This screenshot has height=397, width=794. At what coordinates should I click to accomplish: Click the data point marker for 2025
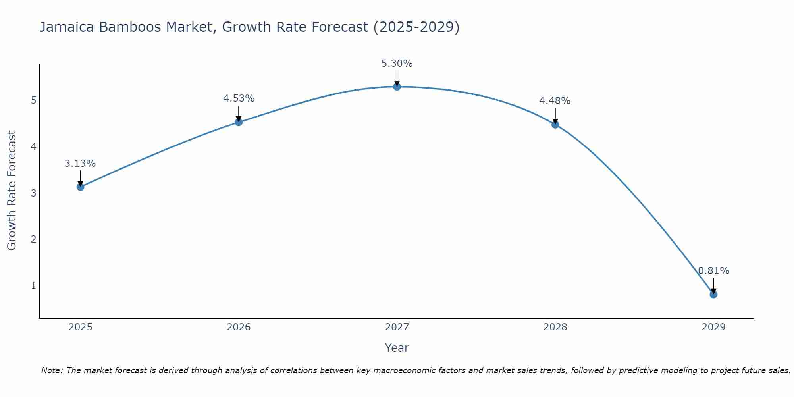click(80, 187)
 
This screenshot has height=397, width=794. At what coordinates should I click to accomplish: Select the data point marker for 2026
click(239, 122)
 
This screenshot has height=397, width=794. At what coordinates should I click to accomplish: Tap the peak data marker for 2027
click(397, 87)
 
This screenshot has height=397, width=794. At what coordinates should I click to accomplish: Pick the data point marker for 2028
click(555, 124)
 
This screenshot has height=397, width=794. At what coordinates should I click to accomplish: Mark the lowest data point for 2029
click(713, 294)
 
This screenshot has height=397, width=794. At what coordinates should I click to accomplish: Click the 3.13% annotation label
click(80, 164)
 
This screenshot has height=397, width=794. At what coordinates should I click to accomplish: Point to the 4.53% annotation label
click(239, 98)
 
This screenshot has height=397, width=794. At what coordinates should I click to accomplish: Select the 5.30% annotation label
click(397, 64)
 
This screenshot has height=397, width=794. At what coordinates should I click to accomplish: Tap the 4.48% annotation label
click(555, 101)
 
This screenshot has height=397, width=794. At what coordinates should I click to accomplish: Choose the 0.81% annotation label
click(713, 271)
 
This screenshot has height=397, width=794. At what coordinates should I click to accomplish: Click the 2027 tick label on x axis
click(397, 327)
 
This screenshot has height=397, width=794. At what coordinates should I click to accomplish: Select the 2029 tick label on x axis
click(713, 327)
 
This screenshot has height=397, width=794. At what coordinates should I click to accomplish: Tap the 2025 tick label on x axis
click(80, 327)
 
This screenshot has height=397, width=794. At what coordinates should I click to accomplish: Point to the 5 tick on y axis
click(34, 100)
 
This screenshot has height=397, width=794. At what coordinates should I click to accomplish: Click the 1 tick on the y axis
click(34, 286)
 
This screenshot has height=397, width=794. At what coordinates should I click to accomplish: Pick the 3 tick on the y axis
click(34, 193)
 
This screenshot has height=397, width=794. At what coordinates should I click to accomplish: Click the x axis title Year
click(397, 348)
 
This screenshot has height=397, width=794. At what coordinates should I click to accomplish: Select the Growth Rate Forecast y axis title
click(12, 191)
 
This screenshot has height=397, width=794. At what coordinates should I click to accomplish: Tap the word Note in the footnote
click(52, 370)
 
